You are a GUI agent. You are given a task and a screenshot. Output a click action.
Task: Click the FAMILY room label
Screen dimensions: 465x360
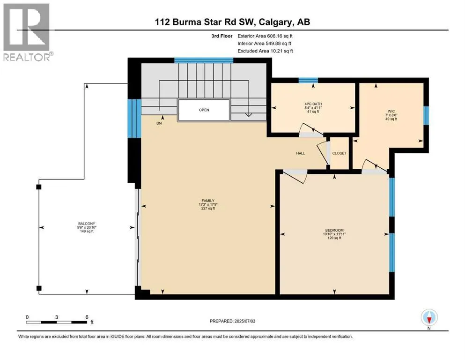pos(208,201)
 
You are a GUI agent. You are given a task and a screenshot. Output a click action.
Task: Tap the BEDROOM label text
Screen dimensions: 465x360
pos(334,230)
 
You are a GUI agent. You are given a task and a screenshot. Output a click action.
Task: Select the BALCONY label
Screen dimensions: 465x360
pos(87,224)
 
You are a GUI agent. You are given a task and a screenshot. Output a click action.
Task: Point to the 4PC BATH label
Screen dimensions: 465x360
pos(313,104)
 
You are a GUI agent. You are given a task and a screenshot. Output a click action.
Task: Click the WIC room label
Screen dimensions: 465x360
pos(391,111)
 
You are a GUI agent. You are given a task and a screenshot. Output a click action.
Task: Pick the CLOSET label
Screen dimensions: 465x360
pos(339,153)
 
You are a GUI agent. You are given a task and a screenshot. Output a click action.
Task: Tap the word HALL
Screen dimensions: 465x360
pos(301,153)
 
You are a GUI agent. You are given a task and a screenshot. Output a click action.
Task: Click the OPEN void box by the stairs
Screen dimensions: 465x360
pos(204,110)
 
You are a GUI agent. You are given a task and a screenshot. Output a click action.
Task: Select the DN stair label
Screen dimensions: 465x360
pos(159,123)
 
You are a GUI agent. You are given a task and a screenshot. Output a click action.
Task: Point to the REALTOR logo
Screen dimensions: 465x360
pos(28,32)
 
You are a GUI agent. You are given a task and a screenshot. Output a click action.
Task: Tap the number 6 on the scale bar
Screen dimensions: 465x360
pos(87,317)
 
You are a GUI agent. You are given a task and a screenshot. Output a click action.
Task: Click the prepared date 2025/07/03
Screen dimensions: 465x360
pos(245,321)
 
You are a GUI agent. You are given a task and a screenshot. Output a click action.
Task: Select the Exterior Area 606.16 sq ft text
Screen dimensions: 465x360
pos(265,36)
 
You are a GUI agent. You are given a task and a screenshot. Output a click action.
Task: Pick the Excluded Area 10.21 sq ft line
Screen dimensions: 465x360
pos(265,51)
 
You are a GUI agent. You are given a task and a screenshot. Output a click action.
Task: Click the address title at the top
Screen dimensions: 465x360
pos(232,22)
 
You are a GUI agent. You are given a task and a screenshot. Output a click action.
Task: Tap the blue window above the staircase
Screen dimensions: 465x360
pos(204,60)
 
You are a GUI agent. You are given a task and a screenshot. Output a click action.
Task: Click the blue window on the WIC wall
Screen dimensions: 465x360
pos(426,115)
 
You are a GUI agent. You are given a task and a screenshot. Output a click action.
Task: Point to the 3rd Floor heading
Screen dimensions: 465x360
pos(222,36)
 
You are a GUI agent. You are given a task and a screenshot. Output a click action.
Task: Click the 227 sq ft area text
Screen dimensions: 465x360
pos(208,208)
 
